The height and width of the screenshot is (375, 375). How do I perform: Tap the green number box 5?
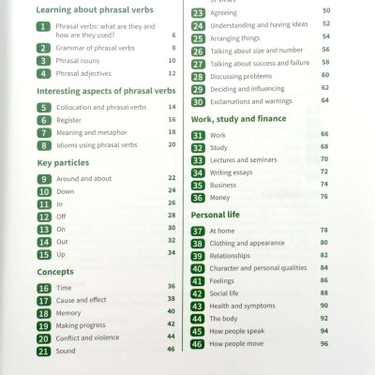tap(43, 108)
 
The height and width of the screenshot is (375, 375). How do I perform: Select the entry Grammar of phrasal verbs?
tap(95, 48)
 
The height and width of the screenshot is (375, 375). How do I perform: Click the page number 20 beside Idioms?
tap(172, 143)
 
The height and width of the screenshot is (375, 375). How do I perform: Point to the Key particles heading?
tap(68, 162)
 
